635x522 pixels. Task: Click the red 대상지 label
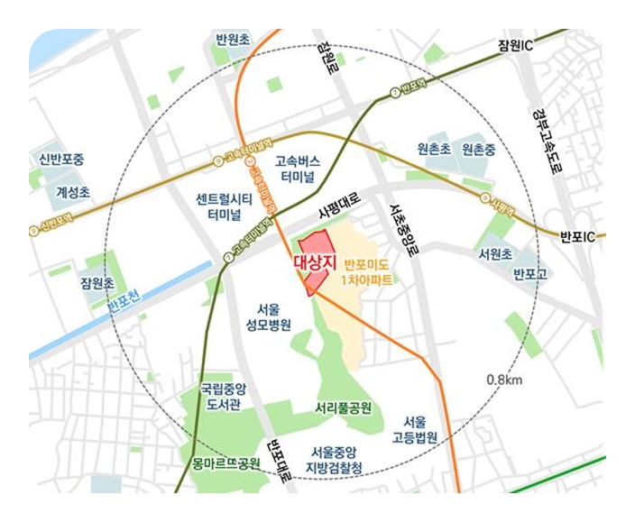pos(315,262)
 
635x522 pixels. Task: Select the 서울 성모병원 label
pos(267,316)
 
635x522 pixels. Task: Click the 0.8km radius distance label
pos(503,380)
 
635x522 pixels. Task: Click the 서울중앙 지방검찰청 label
pos(335,459)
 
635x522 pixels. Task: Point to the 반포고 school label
pos(529,271)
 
